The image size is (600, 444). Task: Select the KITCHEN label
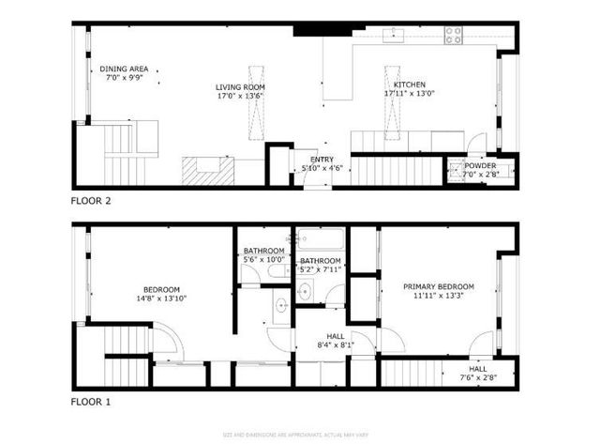(410, 85)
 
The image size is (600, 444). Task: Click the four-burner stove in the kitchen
(454, 36)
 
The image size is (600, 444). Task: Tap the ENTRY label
(322, 160)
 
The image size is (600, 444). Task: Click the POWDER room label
(480, 165)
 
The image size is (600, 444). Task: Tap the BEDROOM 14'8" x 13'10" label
(161, 289)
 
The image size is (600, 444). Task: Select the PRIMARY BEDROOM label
(439, 286)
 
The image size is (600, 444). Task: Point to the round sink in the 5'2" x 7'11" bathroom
(304, 292)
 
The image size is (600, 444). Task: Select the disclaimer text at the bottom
(300, 434)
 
